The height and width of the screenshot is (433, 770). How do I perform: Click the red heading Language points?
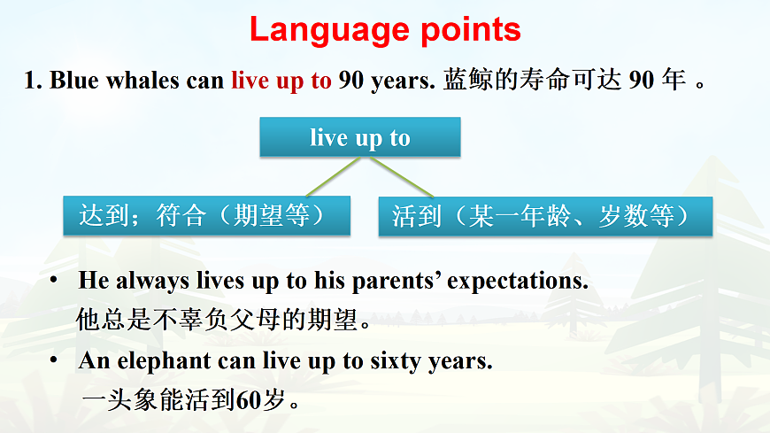point(385,29)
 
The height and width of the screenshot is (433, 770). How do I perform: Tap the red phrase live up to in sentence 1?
point(281,81)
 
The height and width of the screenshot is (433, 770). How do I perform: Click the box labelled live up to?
point(359,138)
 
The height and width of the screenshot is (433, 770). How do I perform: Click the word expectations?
point(517,282)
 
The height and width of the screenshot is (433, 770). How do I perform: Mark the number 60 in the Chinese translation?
point(250,400)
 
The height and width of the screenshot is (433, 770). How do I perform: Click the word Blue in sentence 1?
point(69,81)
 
